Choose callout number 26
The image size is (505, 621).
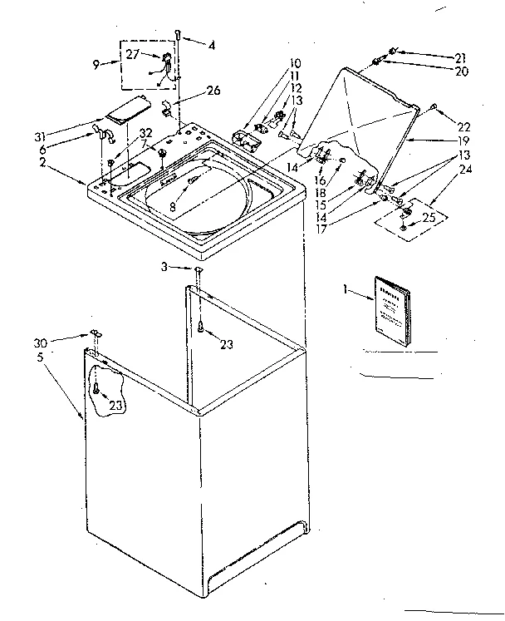coord(213,91)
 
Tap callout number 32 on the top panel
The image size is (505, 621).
coord(146,132)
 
